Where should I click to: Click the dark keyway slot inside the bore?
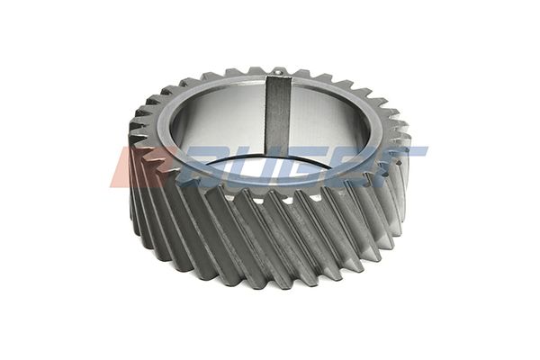click(x=278, y=115)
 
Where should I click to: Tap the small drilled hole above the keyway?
click(x=278, y=73)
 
